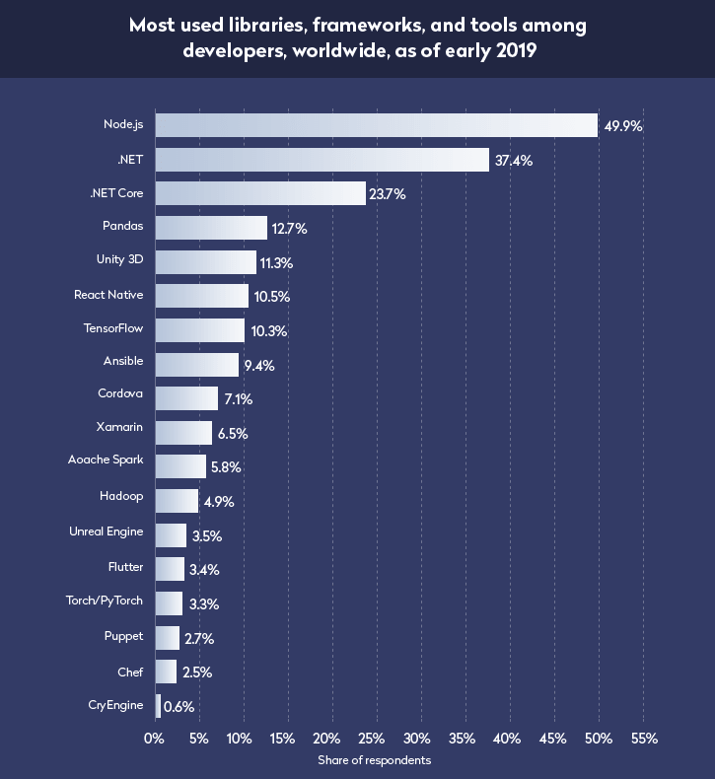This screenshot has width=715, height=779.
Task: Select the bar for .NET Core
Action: click(260, 193)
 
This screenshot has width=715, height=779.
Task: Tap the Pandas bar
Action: click(211, 228)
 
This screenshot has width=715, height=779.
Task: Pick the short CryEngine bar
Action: click(158, 706)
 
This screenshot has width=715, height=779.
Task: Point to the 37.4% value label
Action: click(513, 160)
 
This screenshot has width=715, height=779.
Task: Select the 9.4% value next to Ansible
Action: click(258, 365)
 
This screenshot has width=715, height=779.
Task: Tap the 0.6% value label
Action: click(179, 707)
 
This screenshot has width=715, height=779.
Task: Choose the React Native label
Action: click(108, 295)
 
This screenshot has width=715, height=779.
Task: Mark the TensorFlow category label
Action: click(114, 328)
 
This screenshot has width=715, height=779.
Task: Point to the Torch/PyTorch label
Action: click(107, 599)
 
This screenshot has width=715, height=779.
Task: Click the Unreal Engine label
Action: click(106, 531)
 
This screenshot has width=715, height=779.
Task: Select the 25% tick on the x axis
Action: click(373, 739)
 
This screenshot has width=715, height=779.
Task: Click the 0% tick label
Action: click(155, 739)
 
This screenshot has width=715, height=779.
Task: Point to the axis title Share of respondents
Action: click(374, 760)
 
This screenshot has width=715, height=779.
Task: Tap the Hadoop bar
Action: click(177, 501)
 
